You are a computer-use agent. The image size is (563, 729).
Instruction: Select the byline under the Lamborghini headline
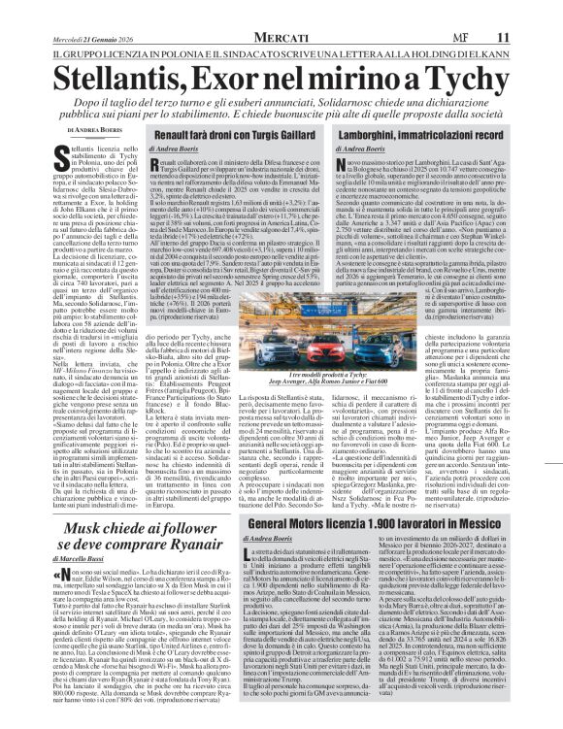point(362,149)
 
